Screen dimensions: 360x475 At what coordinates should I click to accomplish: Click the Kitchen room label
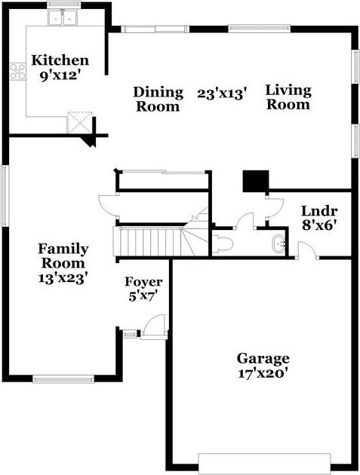[60, 60]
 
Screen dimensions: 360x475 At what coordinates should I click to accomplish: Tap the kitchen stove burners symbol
[17, 72]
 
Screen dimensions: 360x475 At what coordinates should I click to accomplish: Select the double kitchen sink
[63, 17]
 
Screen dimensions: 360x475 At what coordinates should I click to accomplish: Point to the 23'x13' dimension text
[221, 93]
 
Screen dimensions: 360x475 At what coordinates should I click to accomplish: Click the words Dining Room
[158, 99]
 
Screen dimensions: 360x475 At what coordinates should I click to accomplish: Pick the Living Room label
[288, 97]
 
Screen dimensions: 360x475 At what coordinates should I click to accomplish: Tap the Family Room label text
[63, 256]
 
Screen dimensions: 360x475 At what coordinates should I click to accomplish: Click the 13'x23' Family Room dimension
[63, 277]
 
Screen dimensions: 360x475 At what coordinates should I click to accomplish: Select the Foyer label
[143, 282]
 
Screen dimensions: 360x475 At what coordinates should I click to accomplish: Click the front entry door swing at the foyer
[155, 326]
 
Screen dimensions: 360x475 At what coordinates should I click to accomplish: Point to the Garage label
[263, 358]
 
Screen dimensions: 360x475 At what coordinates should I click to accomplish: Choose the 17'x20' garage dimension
[263, 373]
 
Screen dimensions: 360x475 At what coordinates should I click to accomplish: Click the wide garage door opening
[264, 464]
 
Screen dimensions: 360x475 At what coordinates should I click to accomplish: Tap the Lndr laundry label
[319, 211]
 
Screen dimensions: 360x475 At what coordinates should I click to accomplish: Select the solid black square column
[256, 181]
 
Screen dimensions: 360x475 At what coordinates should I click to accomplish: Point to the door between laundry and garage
[307, 250]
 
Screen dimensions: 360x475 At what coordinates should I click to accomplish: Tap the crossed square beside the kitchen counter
[79, 122]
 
